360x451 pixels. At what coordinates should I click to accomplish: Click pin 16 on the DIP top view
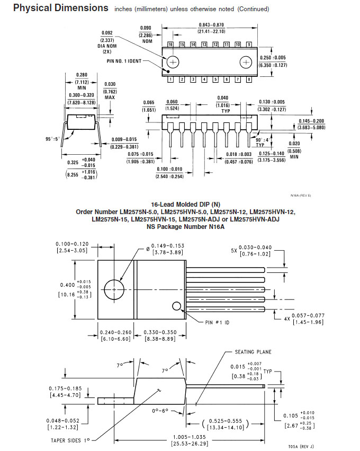click(170, 45)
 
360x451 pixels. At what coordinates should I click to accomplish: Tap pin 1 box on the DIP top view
click(170, 79)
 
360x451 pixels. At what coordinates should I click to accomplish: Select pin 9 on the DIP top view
click(249, 45)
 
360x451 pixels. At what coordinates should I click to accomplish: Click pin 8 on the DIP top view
click(249, 79)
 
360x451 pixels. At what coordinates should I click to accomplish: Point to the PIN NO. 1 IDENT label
click(124, 61)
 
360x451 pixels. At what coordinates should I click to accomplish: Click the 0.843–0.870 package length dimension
click(211, 25)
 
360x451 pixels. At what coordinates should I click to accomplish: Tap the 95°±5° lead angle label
click(52, 139)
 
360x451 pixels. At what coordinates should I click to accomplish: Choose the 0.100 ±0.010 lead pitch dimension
click(169, 169)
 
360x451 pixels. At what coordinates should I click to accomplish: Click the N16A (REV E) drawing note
click(301, 196)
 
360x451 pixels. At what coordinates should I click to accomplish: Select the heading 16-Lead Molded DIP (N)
click(186, 205)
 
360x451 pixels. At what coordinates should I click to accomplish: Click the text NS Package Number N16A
click(186, 227)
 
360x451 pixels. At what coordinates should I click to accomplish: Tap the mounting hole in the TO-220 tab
click(114, 290)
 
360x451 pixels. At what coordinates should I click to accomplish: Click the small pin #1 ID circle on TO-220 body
click(177, 306)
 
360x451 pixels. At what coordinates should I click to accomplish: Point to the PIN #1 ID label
click(217, 322)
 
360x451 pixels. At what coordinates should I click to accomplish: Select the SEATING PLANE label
click(253, 352)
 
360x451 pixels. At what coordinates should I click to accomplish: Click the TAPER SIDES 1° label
click(70, 440)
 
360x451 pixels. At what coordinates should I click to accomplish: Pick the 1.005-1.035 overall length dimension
click(190, 437)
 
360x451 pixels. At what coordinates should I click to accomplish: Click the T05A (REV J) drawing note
click(301, 447)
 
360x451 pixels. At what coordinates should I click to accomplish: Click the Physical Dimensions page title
click(61, 8)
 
